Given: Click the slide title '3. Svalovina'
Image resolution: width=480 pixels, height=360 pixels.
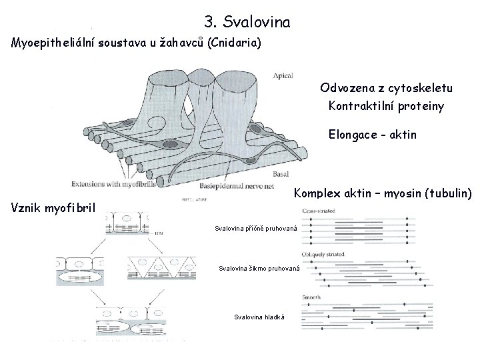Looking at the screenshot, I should (x=247, y=23).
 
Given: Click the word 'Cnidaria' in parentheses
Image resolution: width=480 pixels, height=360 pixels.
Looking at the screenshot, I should (x=236, y=43).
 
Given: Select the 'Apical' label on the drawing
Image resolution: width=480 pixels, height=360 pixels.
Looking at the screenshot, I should (x=283, y=76).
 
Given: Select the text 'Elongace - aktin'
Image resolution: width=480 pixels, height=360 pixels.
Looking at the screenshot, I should (x=372, y=134).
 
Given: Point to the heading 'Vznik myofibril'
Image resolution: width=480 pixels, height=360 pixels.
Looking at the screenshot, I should (x=54, y=207).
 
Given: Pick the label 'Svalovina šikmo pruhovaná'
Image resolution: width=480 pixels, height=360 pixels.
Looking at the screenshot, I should (x=259, y=269).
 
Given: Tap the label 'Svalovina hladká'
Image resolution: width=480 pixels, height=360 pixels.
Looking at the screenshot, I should (x=259, y=316).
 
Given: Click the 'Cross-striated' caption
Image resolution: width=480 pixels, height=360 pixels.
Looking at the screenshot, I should (x=319, y=211).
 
